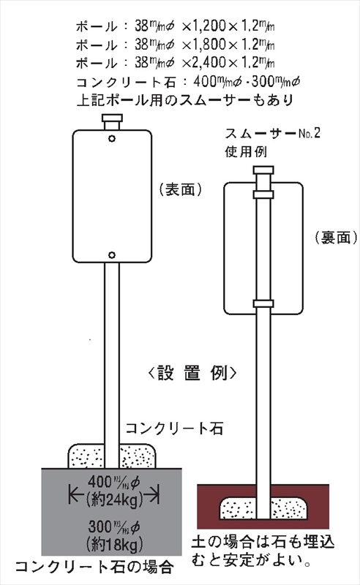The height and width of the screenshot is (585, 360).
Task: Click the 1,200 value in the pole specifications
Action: [x=209, y=26]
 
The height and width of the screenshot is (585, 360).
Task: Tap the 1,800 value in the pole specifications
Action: [x=209, y=45]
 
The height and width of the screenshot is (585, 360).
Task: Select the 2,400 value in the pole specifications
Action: [x=209, y=63]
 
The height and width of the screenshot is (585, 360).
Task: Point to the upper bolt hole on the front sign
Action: [x=112, y=139]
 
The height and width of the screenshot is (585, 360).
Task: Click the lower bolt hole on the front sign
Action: [x=112, y=255]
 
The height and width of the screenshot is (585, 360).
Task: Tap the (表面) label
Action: [x=181, y=189]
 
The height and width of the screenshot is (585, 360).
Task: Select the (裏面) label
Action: [x=336, y=237]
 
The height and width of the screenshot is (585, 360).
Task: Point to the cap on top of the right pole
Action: [x=263, y=170]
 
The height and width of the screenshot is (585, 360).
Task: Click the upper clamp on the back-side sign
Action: [x=263, y=195]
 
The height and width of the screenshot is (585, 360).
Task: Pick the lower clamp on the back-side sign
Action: [x=263, y=303]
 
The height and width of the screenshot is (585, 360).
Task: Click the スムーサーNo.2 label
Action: [x=273, y=134]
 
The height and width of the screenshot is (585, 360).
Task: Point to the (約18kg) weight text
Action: [x=114, y=544]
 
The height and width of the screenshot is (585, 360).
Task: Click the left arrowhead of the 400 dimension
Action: [x=73, y=495]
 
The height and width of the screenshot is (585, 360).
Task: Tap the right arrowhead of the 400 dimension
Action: [x=155, y=495]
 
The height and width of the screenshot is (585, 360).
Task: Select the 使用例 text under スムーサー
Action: [x=246, y=152]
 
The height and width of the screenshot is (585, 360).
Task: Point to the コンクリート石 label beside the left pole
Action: [x=174, y=429]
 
